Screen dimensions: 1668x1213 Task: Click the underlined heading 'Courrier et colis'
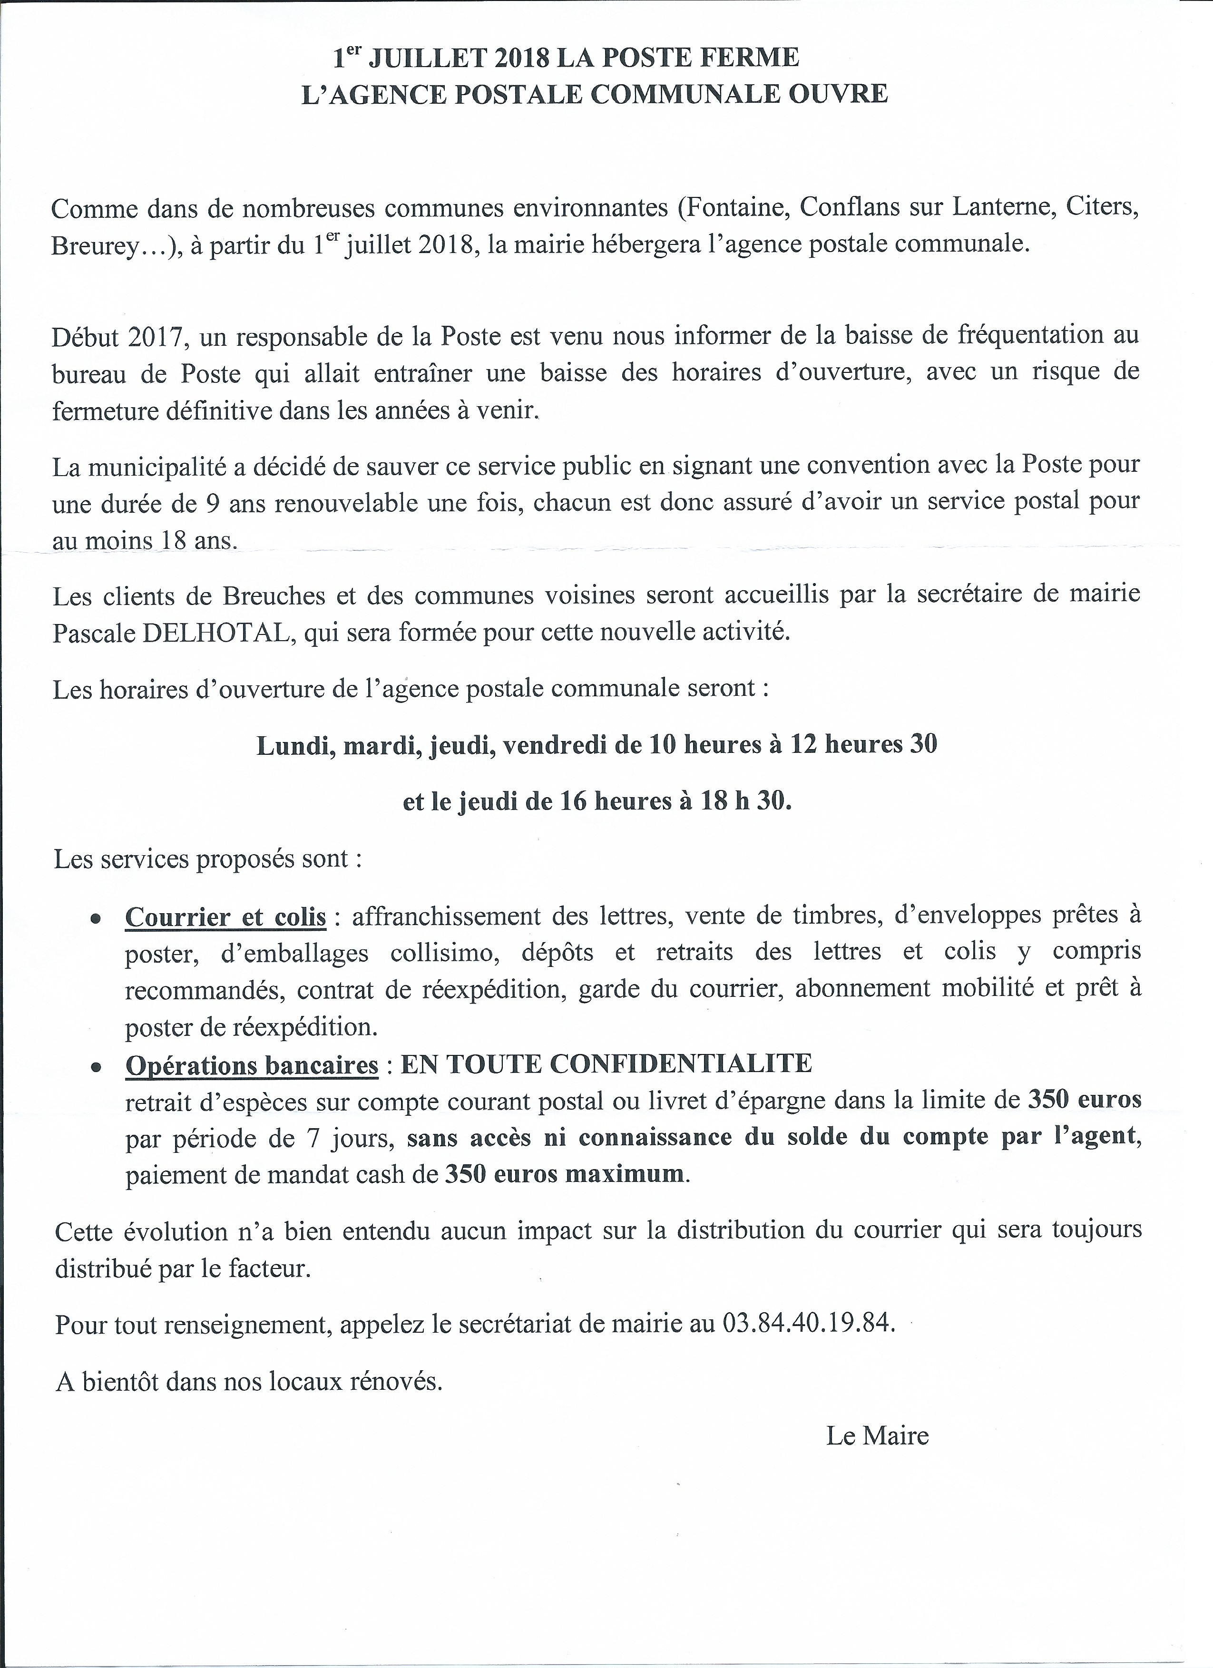(225, 917)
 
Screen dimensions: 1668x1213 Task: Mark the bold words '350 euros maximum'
(564, 1174)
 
